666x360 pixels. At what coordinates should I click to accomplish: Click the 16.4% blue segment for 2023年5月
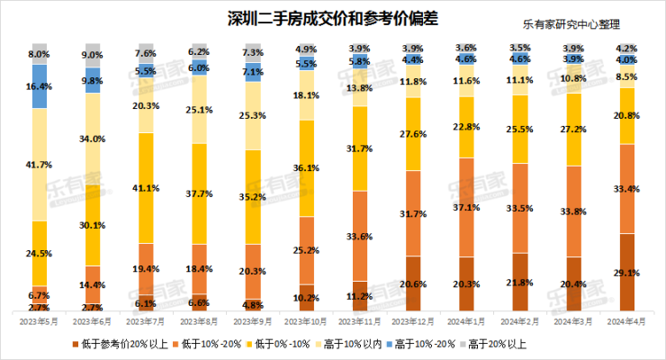click(x=39, y=86)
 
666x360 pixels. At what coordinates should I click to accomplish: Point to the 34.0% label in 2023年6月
click(x=92, y=139)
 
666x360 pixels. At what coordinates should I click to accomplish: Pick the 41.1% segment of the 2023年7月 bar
click(x=145, y=188)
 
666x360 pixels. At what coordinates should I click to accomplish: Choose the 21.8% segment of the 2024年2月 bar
click(x=517, y=282)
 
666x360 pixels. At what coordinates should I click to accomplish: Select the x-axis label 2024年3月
click(x=571, y=320)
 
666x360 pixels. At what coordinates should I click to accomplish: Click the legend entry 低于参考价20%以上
click(x=118, y=342)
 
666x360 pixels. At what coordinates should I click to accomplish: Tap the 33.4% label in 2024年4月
click(x=624, y=189)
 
